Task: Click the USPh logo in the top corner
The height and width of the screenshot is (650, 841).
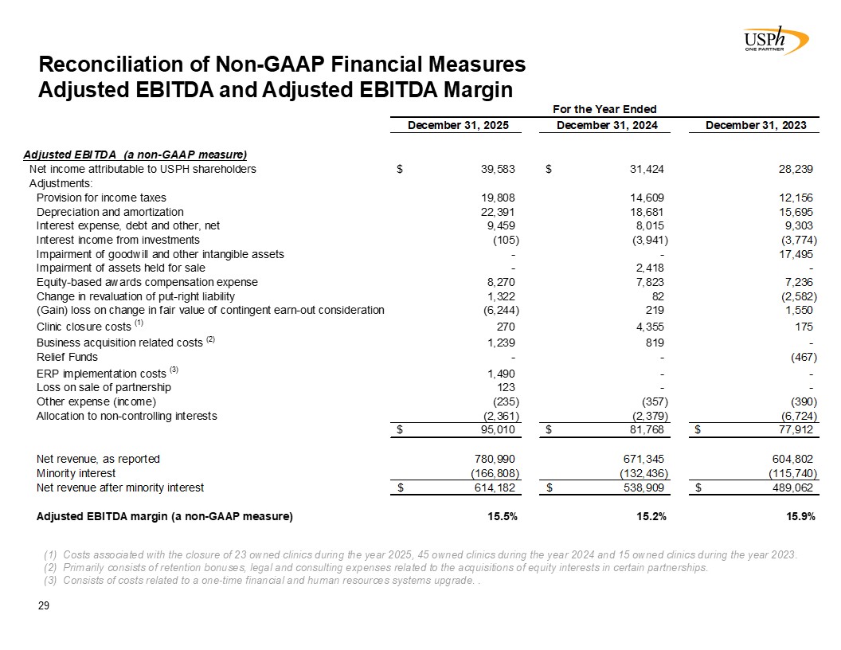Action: (773, 39)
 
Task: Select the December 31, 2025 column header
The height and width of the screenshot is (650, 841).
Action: (458, 125)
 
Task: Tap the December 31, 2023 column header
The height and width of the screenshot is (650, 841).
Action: (757, 125)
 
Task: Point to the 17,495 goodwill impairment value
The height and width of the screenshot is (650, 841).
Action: (797, 254)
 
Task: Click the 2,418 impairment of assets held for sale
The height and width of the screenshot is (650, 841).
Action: (649, 268)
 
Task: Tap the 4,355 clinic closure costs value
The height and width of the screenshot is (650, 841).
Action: (649, 327)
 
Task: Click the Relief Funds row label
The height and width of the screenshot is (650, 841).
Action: (67, 357)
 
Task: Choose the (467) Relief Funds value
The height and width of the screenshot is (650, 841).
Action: (801, 357)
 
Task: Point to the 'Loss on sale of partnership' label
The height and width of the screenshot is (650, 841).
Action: (104, 387)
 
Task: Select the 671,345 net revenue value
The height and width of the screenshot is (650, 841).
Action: (645, 459)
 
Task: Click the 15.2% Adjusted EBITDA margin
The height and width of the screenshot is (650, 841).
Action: (650, 516)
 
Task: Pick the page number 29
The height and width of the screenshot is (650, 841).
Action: (45, 607)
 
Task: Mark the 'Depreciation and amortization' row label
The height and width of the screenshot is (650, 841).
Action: (110, 212)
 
